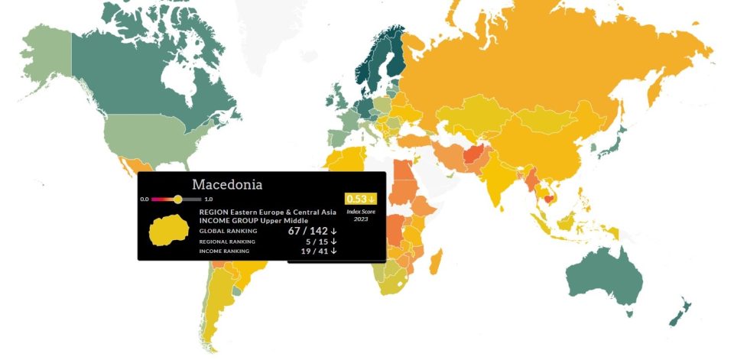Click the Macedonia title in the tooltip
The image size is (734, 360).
(227, 185)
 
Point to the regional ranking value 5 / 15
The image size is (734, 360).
(320, 242)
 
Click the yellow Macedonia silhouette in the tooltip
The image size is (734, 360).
(174, 230)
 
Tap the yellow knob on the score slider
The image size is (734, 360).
(177, 199)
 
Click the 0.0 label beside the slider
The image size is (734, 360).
(145, 199)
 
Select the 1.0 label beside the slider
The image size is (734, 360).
(208, 199)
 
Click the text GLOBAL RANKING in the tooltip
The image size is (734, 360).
(228, 231)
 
